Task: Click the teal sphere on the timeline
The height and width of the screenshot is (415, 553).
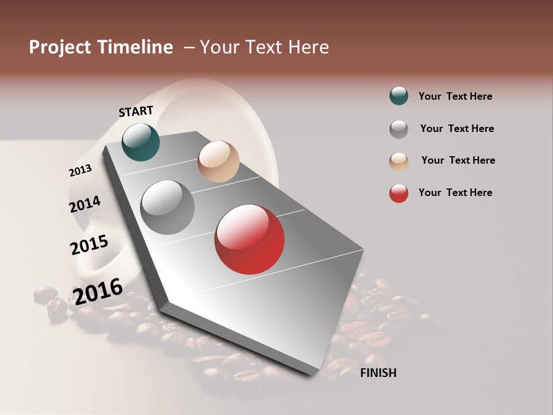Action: [x=141, y=142]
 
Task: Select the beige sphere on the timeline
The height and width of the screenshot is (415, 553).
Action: [x=218, y=161]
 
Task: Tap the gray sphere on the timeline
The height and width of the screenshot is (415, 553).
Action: [x=168, y=207]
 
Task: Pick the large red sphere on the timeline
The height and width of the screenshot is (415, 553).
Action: [x=249, y=239]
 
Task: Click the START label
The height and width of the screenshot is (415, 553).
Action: [x=136, y=111]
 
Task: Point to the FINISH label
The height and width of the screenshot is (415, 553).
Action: [x=378, y=373]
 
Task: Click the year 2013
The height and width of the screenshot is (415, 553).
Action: [x=81, y=171]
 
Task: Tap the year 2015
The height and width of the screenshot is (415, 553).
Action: [x=89, y=245]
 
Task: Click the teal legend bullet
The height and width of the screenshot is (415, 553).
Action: [x=399, y=96]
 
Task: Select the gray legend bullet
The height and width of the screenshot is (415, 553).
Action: [x=399, y=129]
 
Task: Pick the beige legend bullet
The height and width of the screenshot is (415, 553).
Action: [x=399, y=161]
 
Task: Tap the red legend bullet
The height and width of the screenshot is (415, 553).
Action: [x=399, y=193]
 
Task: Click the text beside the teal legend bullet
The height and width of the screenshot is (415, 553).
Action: [x=456, y=96]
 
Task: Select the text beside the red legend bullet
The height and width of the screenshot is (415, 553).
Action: [x=456, y=193]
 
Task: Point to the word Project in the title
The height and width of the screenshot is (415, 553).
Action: [x=59, y=47]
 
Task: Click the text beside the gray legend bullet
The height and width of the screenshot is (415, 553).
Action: [x=457, y=129]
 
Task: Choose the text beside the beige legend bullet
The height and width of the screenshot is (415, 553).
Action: [x=458, y=160]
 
